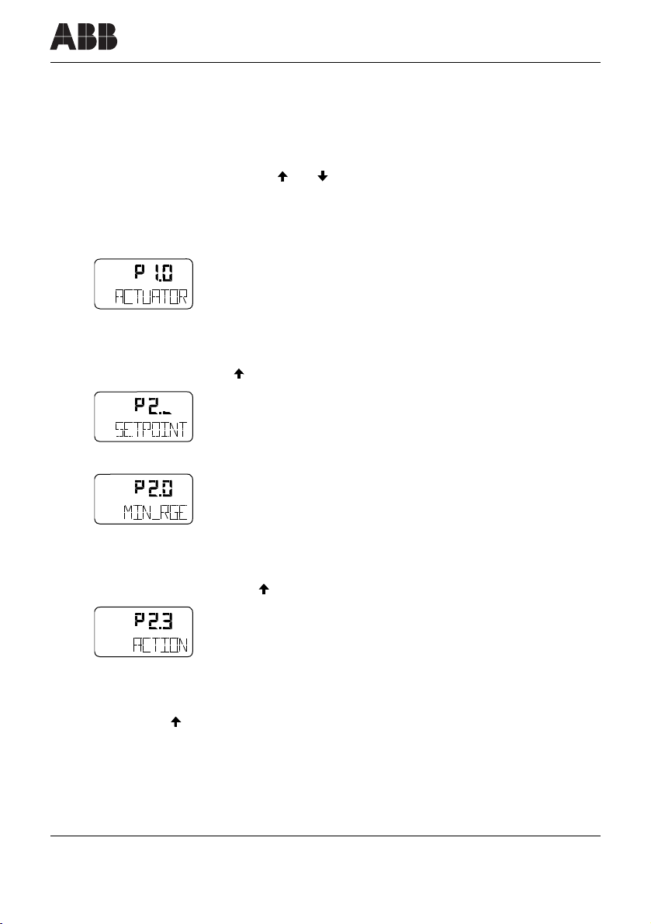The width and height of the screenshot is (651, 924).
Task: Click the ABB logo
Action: point(84,36)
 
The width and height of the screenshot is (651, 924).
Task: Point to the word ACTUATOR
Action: point(145,298)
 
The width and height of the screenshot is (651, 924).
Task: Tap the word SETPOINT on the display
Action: point(145,430)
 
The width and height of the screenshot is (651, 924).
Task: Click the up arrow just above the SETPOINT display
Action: point(238,374)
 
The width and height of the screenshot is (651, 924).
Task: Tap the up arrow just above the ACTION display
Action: point(263,590)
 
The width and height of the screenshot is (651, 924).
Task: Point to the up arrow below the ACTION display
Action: point(176,722)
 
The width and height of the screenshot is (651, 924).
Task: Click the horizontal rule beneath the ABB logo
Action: point(326,63)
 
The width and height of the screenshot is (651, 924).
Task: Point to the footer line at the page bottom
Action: point(326,836)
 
